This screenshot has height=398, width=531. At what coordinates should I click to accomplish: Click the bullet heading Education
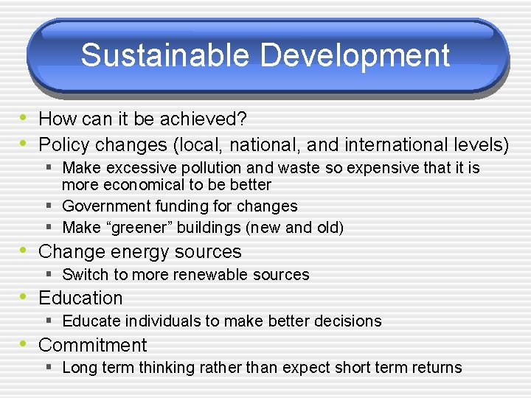tap(80, 298)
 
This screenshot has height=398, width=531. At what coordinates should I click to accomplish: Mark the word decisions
tap(347, 321)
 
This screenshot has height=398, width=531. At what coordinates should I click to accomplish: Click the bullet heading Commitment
tap(92, 345)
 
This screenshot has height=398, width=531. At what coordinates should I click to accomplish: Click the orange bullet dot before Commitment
tap(24, 343)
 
